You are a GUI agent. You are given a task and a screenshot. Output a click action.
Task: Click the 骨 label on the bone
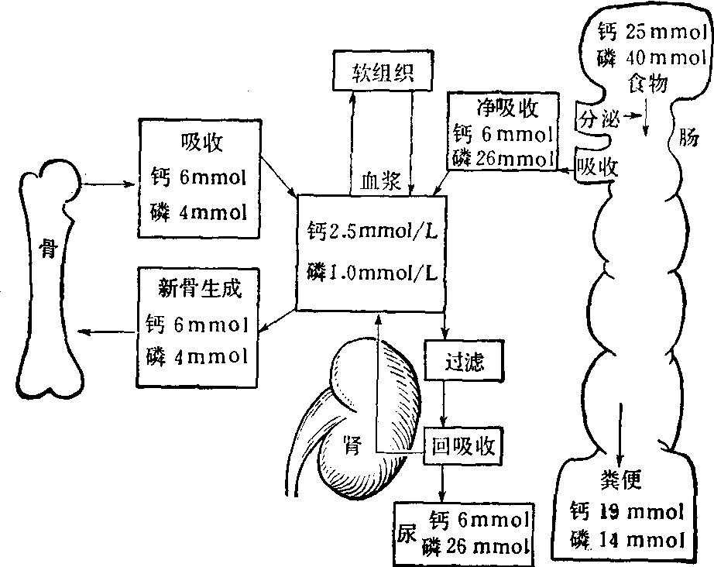click(49, 250)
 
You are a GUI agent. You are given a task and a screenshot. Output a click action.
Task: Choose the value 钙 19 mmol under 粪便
click(626, 511)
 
